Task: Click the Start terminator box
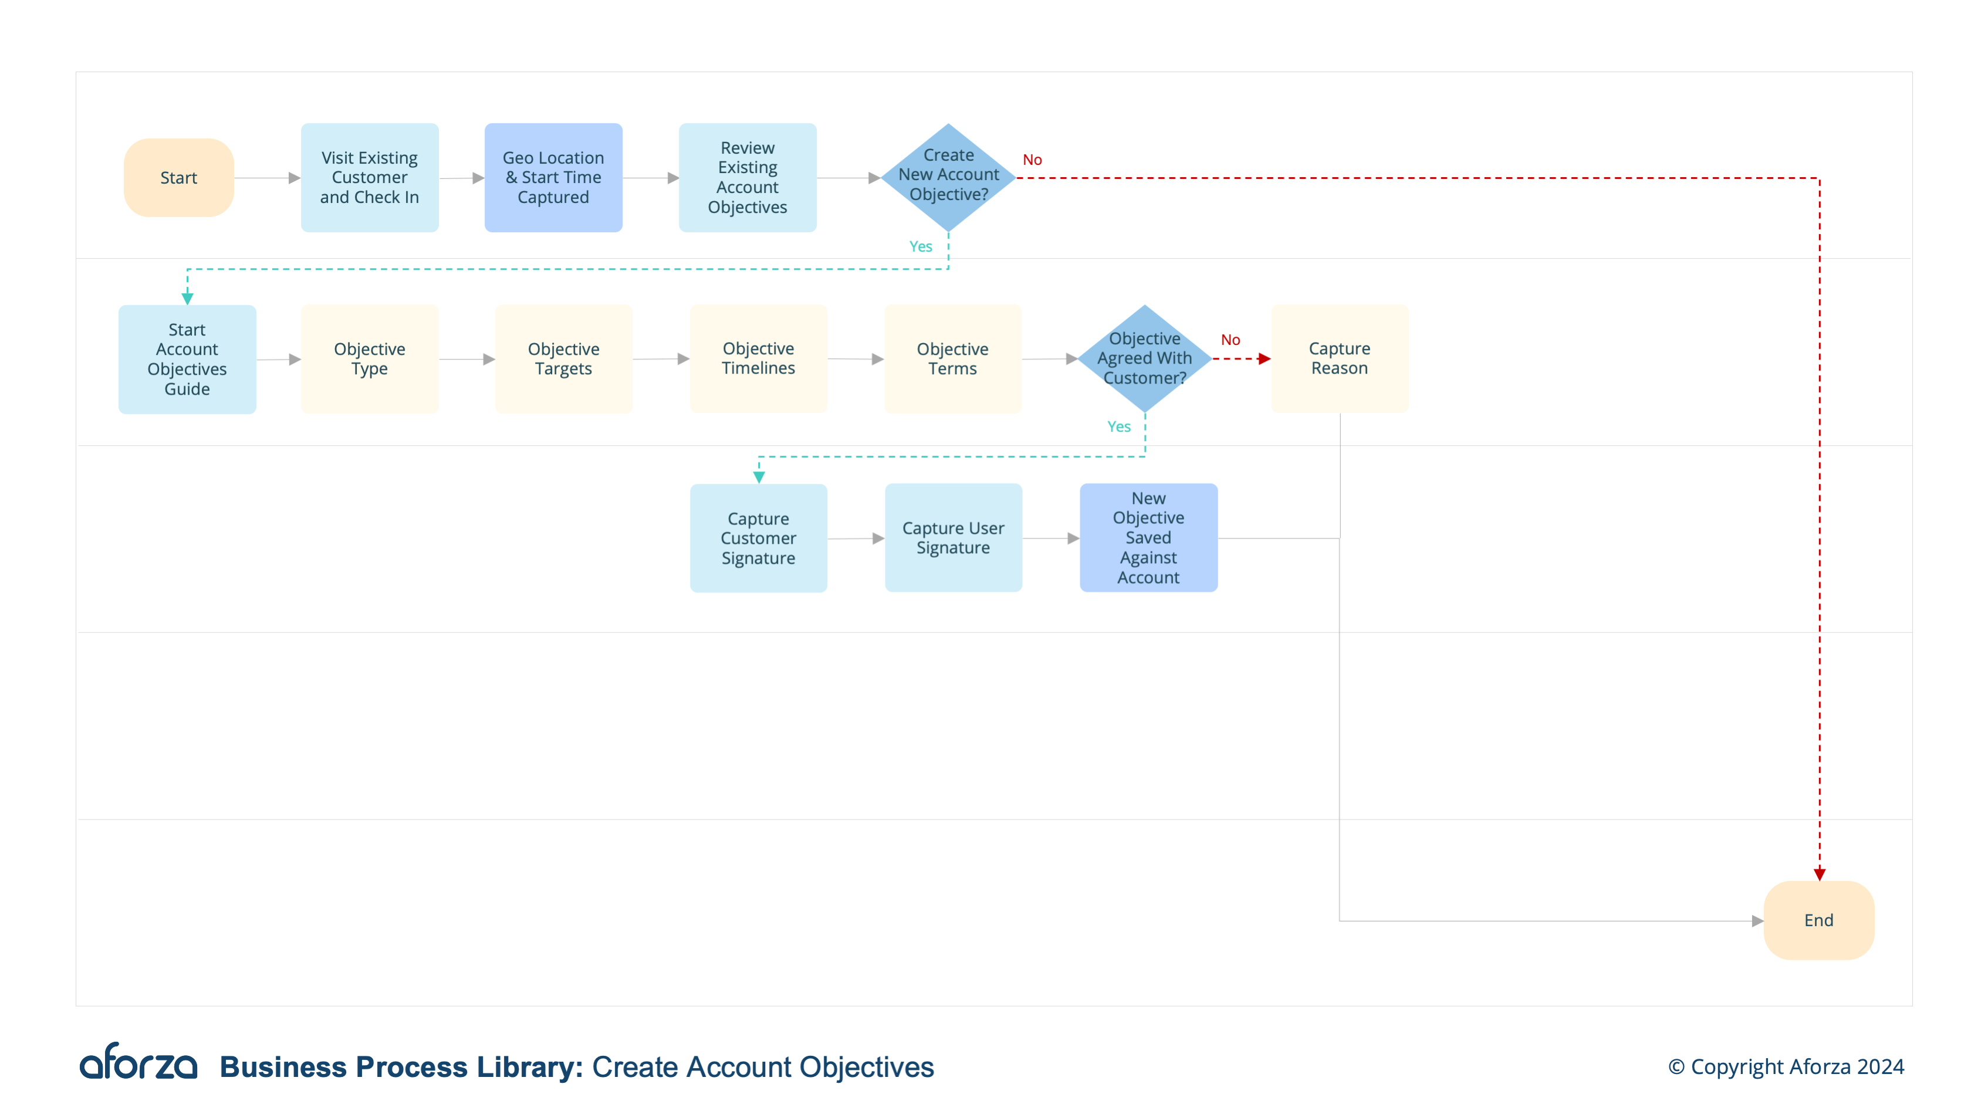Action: tap(178, 178)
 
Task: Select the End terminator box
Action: tap(1818, 920)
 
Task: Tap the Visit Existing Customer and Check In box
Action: tap(370, 178)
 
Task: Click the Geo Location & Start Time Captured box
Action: tap(553, 178)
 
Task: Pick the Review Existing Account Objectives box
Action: tap(747, 178)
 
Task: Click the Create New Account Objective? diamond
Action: tap(948, 177)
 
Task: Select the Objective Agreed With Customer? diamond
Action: tap(1144, 358)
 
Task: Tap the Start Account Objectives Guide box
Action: tap(187, 359)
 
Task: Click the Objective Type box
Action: tap(370, 359)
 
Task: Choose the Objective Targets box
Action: tap(563, 359)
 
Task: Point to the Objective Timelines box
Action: tap(758, 359)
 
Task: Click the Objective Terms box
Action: tap(952, 359)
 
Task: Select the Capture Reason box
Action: tap(1339, 359)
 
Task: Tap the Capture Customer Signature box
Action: tap(758, 538)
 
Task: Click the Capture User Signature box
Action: tap(953, 538)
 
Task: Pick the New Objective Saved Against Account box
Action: tap(1148, 538)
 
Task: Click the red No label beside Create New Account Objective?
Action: tap(1032, 160)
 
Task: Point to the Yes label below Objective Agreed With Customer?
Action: tap(1118, 426)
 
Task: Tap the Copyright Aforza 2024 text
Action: tap(1786, 1066)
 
